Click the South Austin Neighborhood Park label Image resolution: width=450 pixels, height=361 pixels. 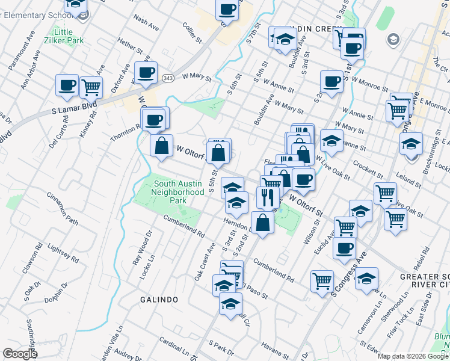pos(179,192)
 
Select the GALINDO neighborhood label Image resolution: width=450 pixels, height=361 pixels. pos(159,299)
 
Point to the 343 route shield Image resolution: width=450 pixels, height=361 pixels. pos(168,78)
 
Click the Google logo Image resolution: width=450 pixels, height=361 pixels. pos(19,354)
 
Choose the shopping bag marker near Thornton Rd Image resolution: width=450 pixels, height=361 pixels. pos(161,146)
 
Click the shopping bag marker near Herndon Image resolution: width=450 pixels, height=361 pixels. pos(262,223)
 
